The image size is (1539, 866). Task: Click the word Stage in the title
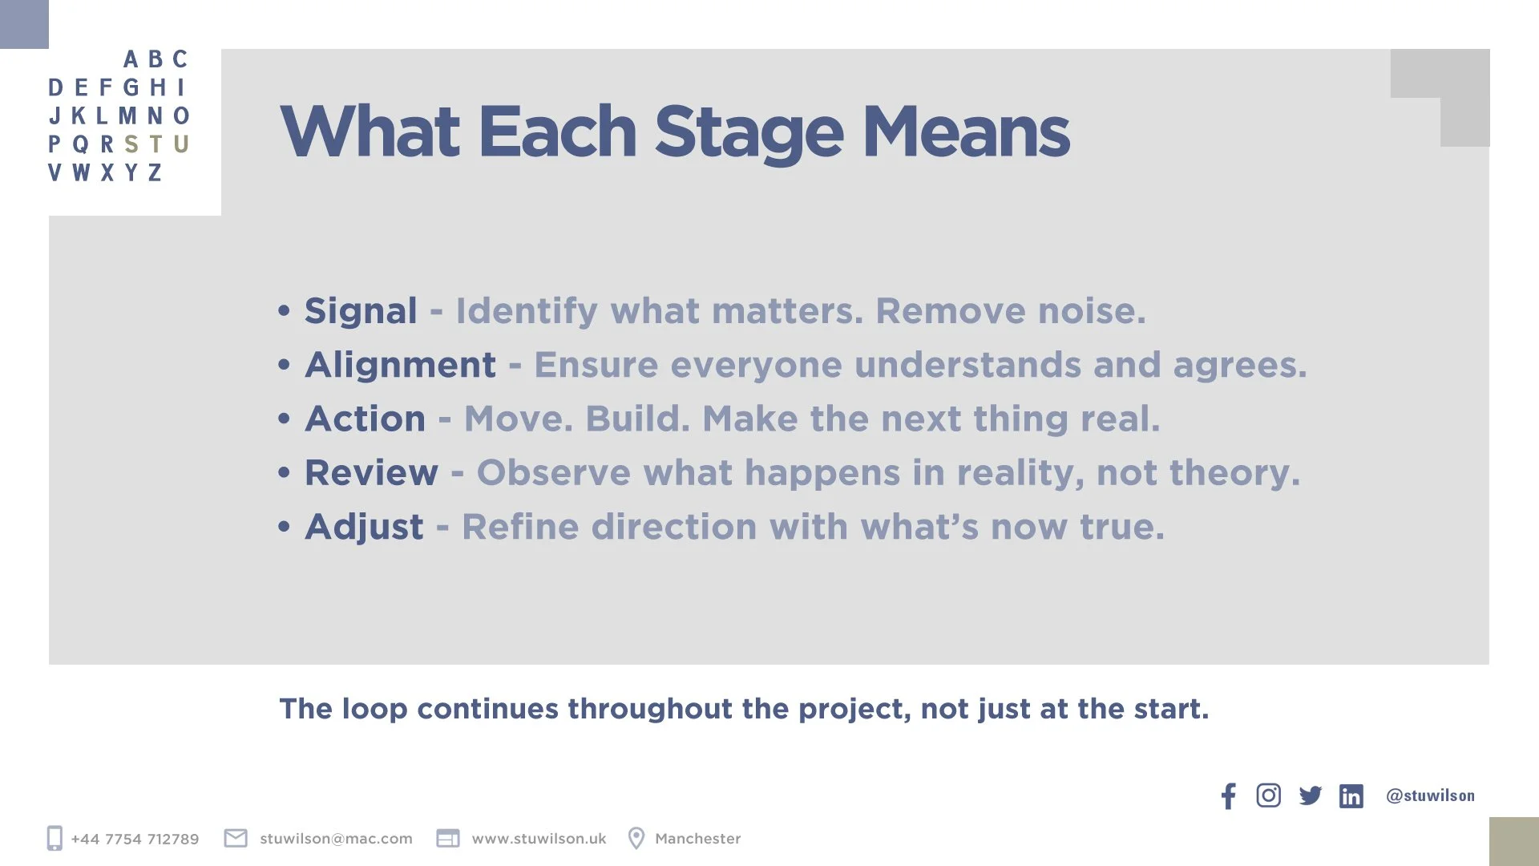click(749, 133)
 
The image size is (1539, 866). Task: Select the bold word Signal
click(361, 311)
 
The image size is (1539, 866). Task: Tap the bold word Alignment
click(400, 365)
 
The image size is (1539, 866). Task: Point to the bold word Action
click(365, 419)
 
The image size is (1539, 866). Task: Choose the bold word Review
click(371, 472)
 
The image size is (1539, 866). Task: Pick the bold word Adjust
click(364, 527)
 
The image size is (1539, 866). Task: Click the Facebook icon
click(1228, 795)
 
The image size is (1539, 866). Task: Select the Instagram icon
click(1268, 795)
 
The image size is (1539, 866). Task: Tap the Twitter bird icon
click(1310, 795)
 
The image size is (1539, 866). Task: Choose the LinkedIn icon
click(1351, 796)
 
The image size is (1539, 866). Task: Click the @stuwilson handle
click(1430, 795)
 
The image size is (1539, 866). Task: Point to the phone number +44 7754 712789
click(135, 839)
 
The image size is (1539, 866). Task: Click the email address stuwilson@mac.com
click(336, 839)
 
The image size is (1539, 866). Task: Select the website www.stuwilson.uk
click(539, 839)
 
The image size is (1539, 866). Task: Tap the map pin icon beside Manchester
click(636, 838)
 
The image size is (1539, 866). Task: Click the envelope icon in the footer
click(236, 838)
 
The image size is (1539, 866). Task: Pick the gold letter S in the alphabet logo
click(131, 144)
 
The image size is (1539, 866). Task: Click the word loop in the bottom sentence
click(374, 710)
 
